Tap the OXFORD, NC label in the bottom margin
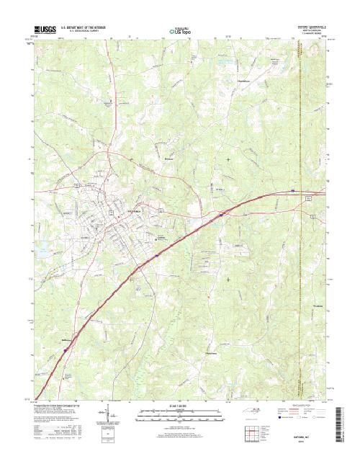[294, 436]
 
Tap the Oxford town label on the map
[135, 210]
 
